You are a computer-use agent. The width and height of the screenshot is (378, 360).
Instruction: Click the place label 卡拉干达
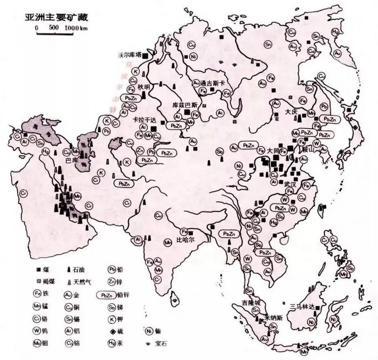coord(144,120)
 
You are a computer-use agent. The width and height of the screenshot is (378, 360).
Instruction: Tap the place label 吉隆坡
coord(251,303)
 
